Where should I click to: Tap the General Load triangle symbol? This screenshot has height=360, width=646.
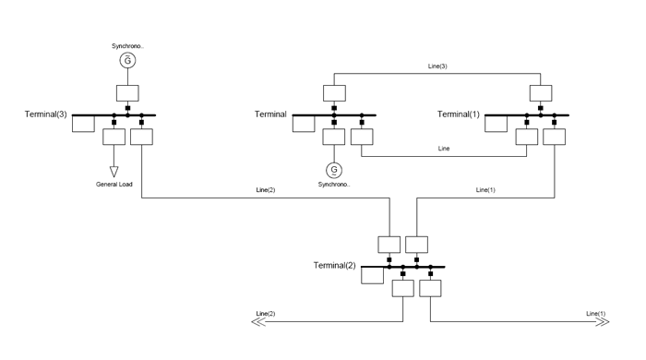tap(114, 172)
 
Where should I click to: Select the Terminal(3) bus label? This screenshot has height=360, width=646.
tap(46, 114)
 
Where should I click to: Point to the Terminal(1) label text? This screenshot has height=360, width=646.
tap(459, 114)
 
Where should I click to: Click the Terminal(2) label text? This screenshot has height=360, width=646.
tap(334, 265)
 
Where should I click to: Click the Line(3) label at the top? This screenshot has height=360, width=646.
tap(437, 66)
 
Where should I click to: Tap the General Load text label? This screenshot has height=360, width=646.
tap(114, 184)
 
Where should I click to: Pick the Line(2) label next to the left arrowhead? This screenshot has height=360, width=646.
tap(266, 314)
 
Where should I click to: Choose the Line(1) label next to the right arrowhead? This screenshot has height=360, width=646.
tap(596, 314)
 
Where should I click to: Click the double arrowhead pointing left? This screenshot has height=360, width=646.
tap(257, 322)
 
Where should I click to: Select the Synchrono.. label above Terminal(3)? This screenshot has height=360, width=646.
tap(127, 46)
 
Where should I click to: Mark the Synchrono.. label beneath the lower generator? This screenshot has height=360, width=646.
tap(334, 184)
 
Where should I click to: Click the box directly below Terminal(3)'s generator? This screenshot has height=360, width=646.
tap(127, 93)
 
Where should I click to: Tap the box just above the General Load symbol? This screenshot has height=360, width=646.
tap(114, 137)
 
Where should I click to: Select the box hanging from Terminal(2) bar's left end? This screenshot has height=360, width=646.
tap(373, 276)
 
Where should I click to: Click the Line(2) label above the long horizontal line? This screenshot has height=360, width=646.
tap(266, 190)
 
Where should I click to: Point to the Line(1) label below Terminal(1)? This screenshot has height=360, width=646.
tap(485, 190)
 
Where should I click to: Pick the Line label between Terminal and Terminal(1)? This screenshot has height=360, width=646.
tap(444, 149)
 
